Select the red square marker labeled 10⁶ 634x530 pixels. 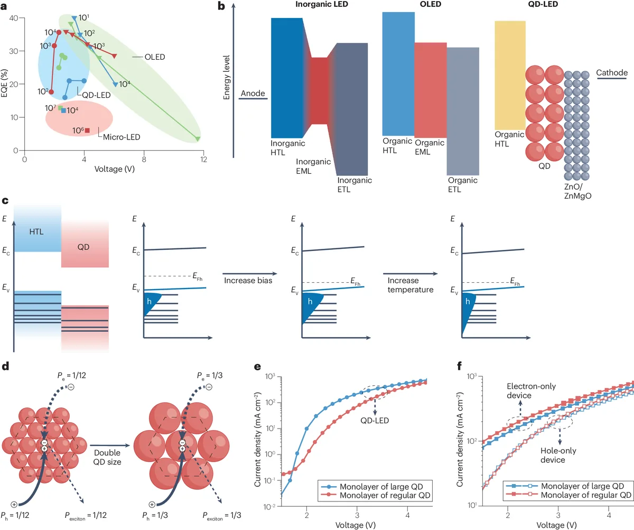tap(88, 131)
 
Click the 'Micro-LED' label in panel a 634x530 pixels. tap(117, 139)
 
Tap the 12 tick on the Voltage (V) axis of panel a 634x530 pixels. tap(203, 159)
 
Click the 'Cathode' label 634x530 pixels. tap(611, 72)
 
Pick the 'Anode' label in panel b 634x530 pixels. tap(251, 94)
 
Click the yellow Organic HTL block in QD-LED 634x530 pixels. tap(510, 74)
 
